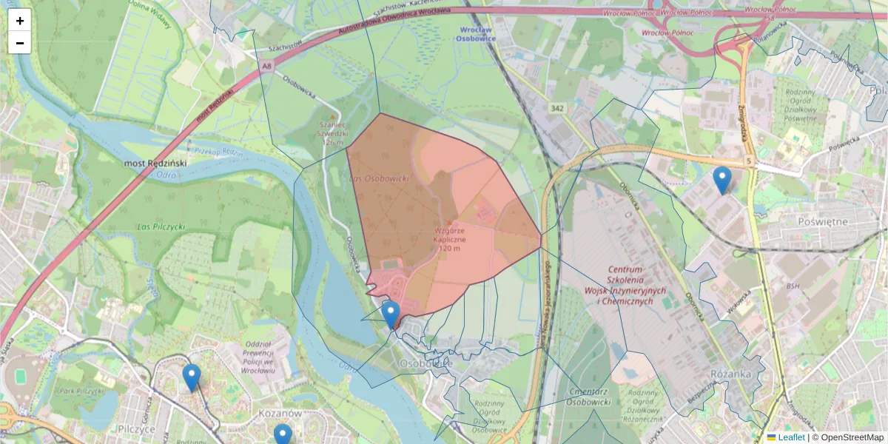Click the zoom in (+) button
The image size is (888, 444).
click(20, 21)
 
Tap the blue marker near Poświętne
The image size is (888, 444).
click(722, 180)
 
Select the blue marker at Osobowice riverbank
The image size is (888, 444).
click(391, 314)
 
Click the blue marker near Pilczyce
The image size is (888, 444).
click(192, 377)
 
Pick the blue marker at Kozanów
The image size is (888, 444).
click(283, 435)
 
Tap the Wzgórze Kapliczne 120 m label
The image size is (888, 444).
click(450, 240)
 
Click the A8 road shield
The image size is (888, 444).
click(266, 66)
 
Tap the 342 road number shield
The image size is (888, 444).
click(557, 108)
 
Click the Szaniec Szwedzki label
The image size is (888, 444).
click(332, 134)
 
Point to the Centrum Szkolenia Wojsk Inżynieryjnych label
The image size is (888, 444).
click(626, 286)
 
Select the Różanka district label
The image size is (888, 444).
click(730, 374)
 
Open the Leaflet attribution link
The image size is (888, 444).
click(790, 437)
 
